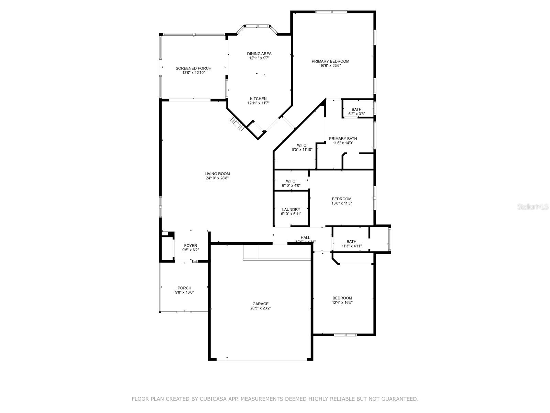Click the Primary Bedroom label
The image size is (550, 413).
point(330,61)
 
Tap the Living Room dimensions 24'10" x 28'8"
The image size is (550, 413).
point(217,178)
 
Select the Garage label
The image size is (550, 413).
point(261,304)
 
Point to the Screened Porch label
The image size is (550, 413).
point(194,68)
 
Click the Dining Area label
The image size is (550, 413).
point(259,54)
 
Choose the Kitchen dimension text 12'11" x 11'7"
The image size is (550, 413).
point(258,103)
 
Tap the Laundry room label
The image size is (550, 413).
point(291,210)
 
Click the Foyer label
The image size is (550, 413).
point(190,246)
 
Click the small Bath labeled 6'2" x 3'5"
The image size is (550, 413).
point(356,109)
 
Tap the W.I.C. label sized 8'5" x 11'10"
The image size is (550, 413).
point(302,145)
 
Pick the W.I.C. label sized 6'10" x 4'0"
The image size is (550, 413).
point(291,181)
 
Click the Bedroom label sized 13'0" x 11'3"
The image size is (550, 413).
point(342,199)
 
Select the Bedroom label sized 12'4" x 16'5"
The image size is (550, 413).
point(342,298)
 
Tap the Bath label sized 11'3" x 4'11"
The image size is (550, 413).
point(351,242)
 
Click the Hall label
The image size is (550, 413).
point(305,238)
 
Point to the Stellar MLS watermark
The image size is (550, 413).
point(533,207)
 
